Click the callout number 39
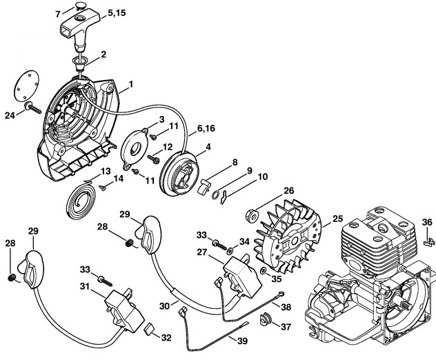[x=241, y=341]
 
